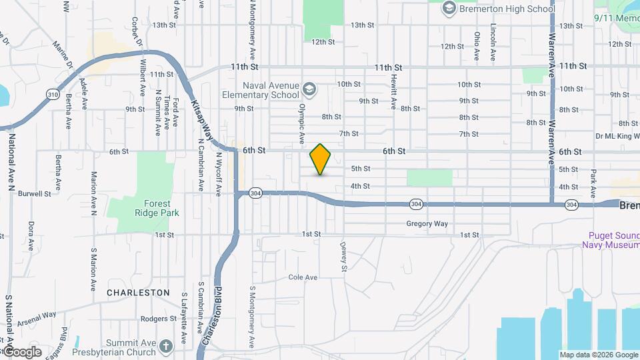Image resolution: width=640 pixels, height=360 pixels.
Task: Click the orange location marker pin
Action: [x=321, y=159]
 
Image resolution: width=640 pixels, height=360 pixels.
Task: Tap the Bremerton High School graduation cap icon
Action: [x=449, y=8]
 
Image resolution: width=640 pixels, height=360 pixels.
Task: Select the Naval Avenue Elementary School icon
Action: [x=309, y=89]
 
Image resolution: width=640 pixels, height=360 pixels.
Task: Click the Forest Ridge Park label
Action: [x=157, y=208]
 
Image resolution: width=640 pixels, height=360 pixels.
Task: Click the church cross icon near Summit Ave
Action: [x=165, y=345]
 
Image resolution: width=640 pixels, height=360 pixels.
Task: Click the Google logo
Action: [x=22, y=352]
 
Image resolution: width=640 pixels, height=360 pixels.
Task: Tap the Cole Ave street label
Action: [x=303, y=277]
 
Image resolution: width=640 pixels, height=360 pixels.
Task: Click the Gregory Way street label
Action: [x=427, y=224]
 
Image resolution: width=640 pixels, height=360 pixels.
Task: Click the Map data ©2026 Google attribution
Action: [x=598, y=355]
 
